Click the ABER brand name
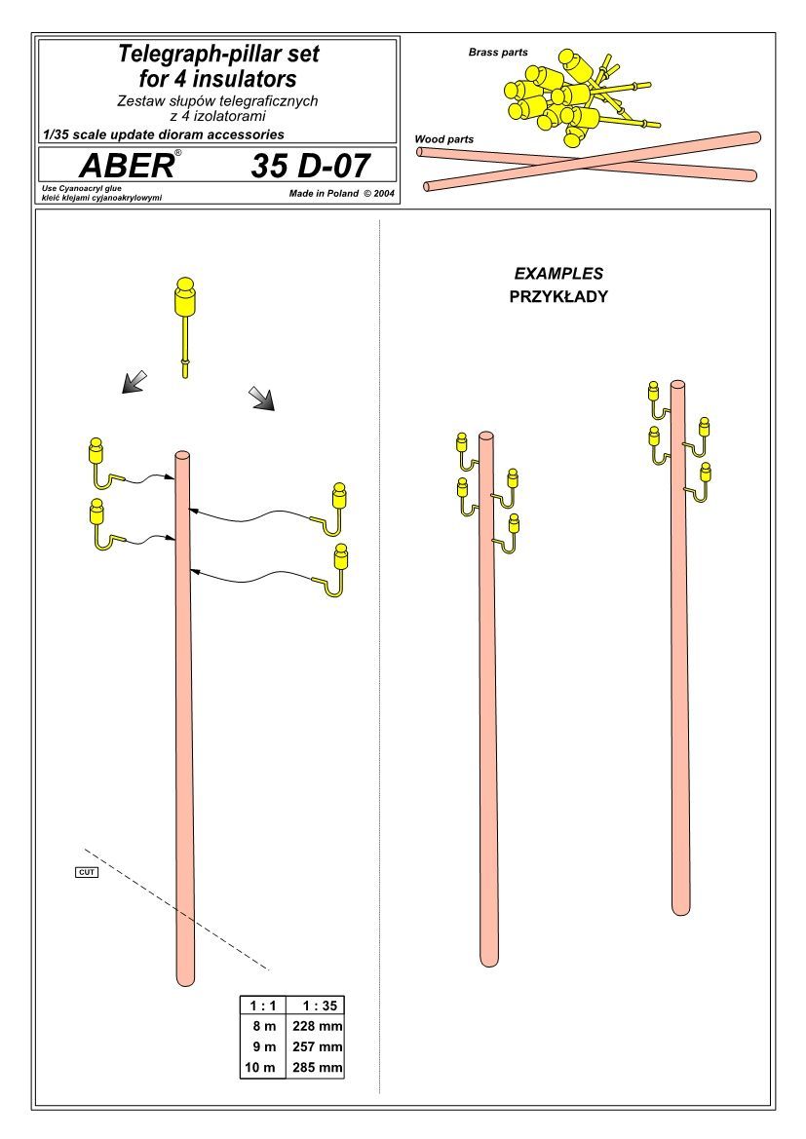(127, 166)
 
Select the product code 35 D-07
(310, 166)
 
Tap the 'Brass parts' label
(498, 53)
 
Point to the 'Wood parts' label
(444, 138)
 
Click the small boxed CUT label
(87, 872)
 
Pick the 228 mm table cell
(317, 1026)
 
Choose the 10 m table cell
(260, 1068)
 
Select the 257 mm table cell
(317, 1046)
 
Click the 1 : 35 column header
(320, 1006)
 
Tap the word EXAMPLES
(558, 274)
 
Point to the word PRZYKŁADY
(558, 296)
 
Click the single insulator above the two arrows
(184, 326)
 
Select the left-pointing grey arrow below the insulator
(134, 382)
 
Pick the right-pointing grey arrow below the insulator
(261, 399)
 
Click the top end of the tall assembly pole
(182, 455)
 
